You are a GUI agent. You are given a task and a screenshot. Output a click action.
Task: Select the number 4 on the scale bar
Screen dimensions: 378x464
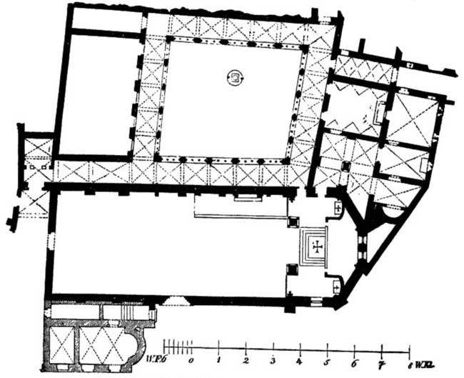[x=301, y=362]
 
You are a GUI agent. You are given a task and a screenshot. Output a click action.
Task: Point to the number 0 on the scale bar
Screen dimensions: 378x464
[x=191, y=362]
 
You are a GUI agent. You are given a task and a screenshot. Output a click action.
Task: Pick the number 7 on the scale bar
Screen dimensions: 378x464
[x=382, y=362]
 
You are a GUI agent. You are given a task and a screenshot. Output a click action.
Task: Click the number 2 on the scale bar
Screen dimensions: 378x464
[x=246, y=362]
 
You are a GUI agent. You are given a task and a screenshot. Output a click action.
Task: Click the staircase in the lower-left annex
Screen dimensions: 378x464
[x=129, y=312]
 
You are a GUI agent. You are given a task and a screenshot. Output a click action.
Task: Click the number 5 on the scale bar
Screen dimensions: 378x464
[x=328, y=362]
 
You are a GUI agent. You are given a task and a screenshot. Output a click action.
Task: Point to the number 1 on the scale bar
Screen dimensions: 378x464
[x=219, y=362]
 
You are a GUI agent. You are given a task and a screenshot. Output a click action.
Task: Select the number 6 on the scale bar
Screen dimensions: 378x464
[x=355, y=362]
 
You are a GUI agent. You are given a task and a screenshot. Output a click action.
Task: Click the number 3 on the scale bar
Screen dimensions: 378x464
[x=273, y=362]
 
